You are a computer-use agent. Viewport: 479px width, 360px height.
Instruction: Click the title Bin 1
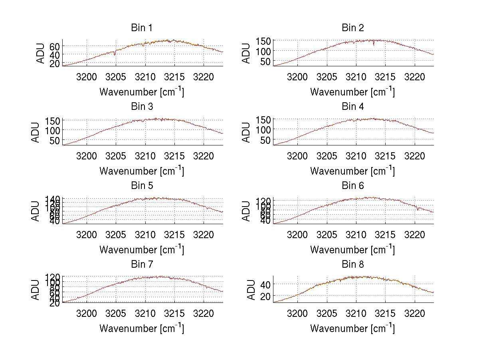coord(141,28)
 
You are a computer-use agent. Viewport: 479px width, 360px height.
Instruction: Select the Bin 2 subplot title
coord(352,28)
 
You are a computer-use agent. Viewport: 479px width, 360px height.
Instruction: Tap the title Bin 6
coord(352,186)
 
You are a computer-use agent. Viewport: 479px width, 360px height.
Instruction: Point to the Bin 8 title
coord(352,265)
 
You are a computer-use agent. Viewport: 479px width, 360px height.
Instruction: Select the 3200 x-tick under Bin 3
coord(87,155)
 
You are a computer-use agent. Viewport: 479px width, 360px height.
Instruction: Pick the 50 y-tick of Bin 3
coord(55,141)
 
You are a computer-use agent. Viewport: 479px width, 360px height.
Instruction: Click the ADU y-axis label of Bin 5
coord(36,211)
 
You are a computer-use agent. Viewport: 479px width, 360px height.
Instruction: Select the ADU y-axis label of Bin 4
coord(246,132)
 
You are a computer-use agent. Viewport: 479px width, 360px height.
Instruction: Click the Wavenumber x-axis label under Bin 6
coord(352,250)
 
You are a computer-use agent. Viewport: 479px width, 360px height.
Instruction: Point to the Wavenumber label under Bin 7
coord(142,328)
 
